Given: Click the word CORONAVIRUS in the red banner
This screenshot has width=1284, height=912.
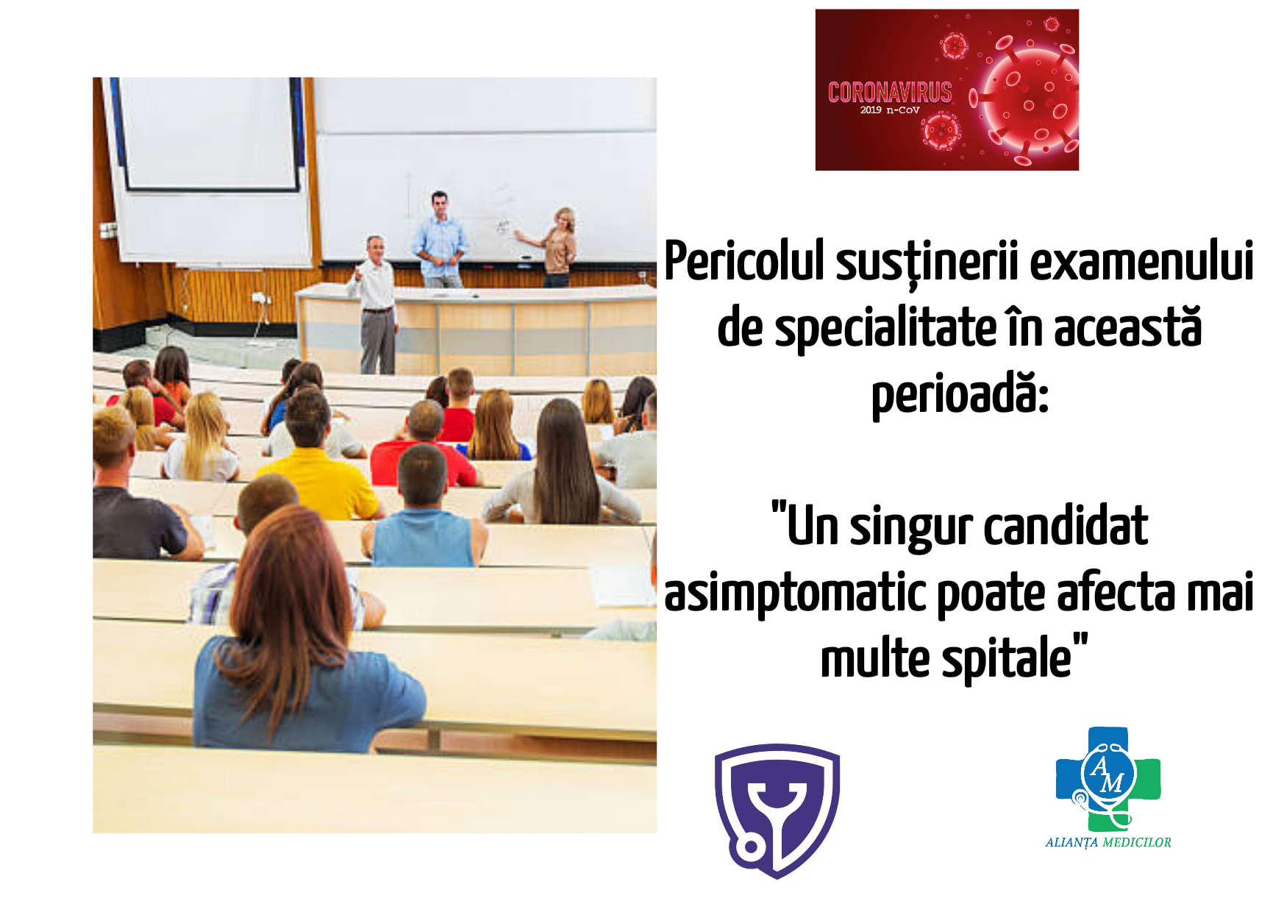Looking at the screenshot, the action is click(x=890, y=92).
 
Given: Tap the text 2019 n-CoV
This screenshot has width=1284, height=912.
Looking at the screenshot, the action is click(x=890, y=110).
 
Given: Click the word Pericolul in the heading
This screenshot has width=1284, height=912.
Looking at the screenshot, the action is click(x=744, y=261).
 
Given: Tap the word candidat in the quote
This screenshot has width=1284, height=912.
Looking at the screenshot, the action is click(x=1066, y=526).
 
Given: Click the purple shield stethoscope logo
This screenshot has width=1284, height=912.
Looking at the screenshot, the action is click(x=777, y=811).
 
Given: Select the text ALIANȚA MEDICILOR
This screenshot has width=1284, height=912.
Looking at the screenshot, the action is click(x=1108, y=843).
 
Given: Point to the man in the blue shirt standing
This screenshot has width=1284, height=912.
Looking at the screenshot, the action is click(x=440, y=239).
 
